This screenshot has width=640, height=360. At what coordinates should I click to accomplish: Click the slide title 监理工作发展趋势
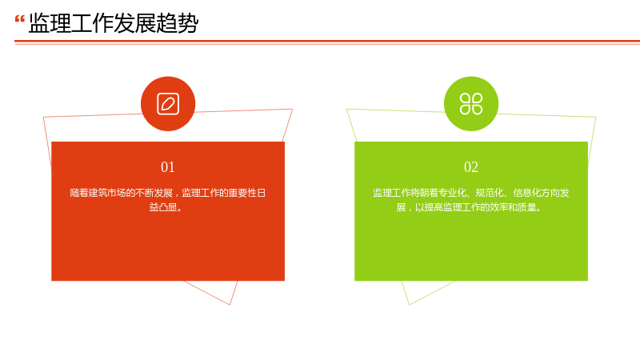tap(114, 23)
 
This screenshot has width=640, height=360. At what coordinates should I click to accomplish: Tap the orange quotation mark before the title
tap(19, 18)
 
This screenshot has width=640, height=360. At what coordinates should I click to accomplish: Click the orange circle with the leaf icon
tap(168, 104)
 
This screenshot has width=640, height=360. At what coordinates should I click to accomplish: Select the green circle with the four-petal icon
tap(471, 104)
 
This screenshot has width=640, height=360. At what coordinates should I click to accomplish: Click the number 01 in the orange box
tap(168, 167)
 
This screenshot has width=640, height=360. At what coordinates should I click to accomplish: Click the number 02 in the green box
tap(471, 167)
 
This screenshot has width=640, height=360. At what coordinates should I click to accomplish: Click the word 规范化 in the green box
tap(489, 193)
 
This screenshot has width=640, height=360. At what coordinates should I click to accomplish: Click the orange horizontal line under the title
tap(327, 42)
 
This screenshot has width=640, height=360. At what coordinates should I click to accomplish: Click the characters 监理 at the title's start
tap(50, 23)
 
